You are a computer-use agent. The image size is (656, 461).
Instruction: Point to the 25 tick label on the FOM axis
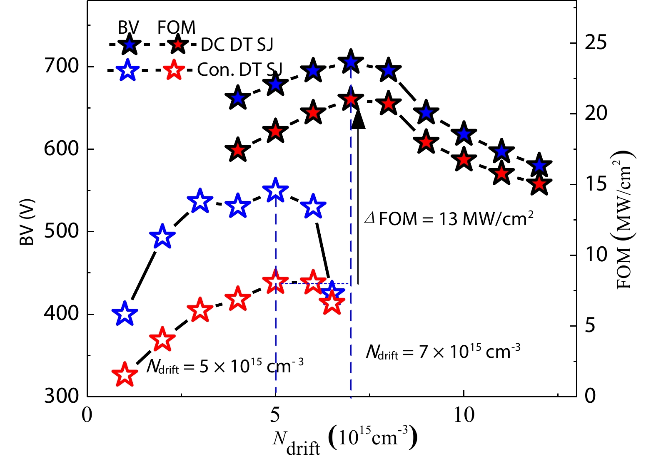[596, 43]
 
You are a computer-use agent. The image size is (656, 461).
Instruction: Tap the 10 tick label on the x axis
[464, 415]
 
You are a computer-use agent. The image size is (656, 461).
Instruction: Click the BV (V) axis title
[27, 223]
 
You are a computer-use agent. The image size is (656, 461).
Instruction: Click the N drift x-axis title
[345, 442]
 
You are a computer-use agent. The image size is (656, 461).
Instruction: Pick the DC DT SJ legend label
[237, 45]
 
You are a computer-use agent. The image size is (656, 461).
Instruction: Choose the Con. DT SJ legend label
[239, 69]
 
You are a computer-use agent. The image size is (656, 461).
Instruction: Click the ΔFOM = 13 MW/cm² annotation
[449, 218]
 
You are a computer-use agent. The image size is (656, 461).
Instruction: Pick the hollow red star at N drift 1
[124, 374]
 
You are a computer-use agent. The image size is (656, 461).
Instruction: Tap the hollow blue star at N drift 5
[275, 191]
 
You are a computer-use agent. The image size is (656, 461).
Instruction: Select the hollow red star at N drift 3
[200, 310]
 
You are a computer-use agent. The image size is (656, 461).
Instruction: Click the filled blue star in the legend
[130, 44]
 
